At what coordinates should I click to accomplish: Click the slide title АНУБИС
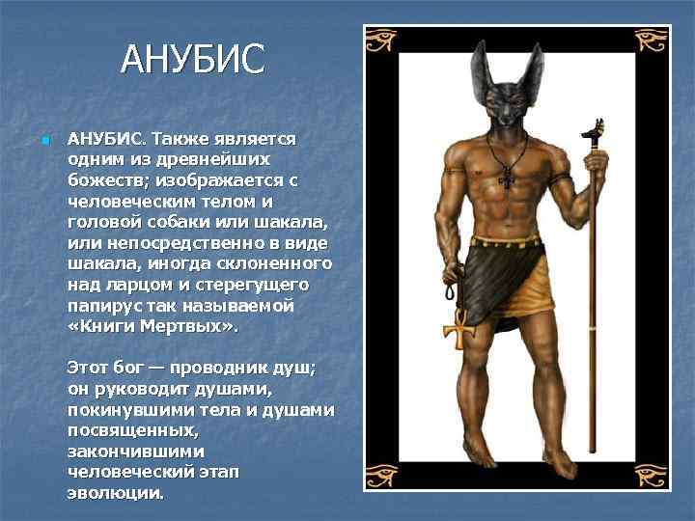tap(191, 59)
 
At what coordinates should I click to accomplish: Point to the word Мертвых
tap(182, 327)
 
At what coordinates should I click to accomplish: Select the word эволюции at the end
tap(115, 493)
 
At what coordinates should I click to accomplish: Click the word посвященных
tap(132, 431)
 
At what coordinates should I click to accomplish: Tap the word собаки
tap(171, 222)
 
